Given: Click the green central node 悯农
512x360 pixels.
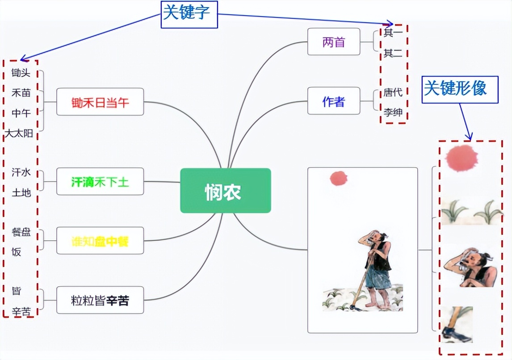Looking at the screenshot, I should pos(225,191).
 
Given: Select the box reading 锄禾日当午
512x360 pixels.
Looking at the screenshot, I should pos(100,102).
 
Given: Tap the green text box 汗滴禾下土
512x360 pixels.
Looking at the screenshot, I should pos(100,182).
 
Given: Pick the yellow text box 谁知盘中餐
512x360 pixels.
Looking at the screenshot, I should pos(100,242).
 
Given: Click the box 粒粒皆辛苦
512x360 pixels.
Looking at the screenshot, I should pos(100,300).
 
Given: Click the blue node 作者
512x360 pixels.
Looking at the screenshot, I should pos(333,101).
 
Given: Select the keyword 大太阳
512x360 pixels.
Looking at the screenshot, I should pos(19,133).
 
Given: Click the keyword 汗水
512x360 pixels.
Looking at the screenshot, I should pos(21,172).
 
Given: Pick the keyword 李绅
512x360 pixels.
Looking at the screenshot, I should pos(393,112).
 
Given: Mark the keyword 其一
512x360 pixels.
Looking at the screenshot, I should pos(393,32).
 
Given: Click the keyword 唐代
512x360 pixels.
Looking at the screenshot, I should pos(393,92).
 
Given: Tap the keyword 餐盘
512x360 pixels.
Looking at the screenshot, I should pos(21,232).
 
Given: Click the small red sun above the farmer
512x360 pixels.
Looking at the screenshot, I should pos(339,178).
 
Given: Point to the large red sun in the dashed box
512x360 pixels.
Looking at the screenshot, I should pos(462,158).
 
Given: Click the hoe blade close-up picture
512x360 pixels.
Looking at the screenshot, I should pos(456,325).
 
